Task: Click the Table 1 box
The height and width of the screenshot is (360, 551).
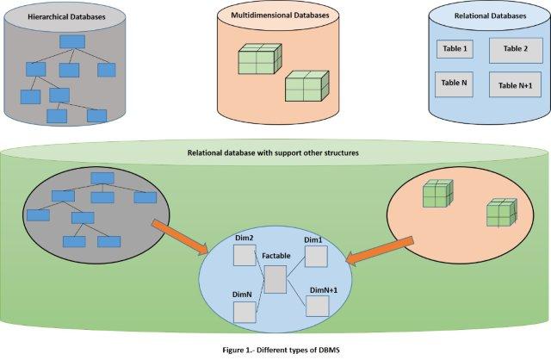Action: coord(453,50)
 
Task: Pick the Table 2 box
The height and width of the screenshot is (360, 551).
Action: coord(515,50)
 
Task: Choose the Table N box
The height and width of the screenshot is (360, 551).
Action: coord(453,84)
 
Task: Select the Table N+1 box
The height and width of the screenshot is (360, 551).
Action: coord(515,85)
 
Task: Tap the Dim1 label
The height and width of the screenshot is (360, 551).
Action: coord(313,240)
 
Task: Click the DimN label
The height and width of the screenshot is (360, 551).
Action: coord(243,294)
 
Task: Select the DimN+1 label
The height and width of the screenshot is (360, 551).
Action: coord(320,290)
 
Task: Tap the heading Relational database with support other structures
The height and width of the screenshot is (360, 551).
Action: coord(273,152)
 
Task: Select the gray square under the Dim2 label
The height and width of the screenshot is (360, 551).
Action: coord(245,257)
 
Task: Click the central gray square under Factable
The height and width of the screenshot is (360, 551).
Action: coord(275,278)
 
